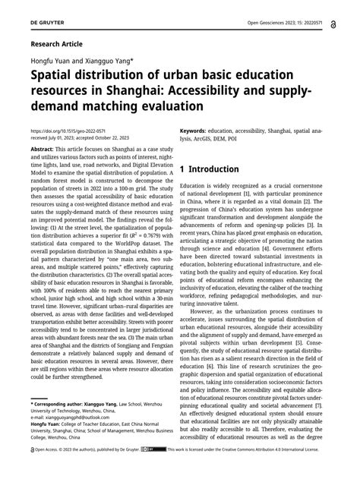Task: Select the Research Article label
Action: coord(59,45)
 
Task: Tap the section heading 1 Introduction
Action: coord(225,189)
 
